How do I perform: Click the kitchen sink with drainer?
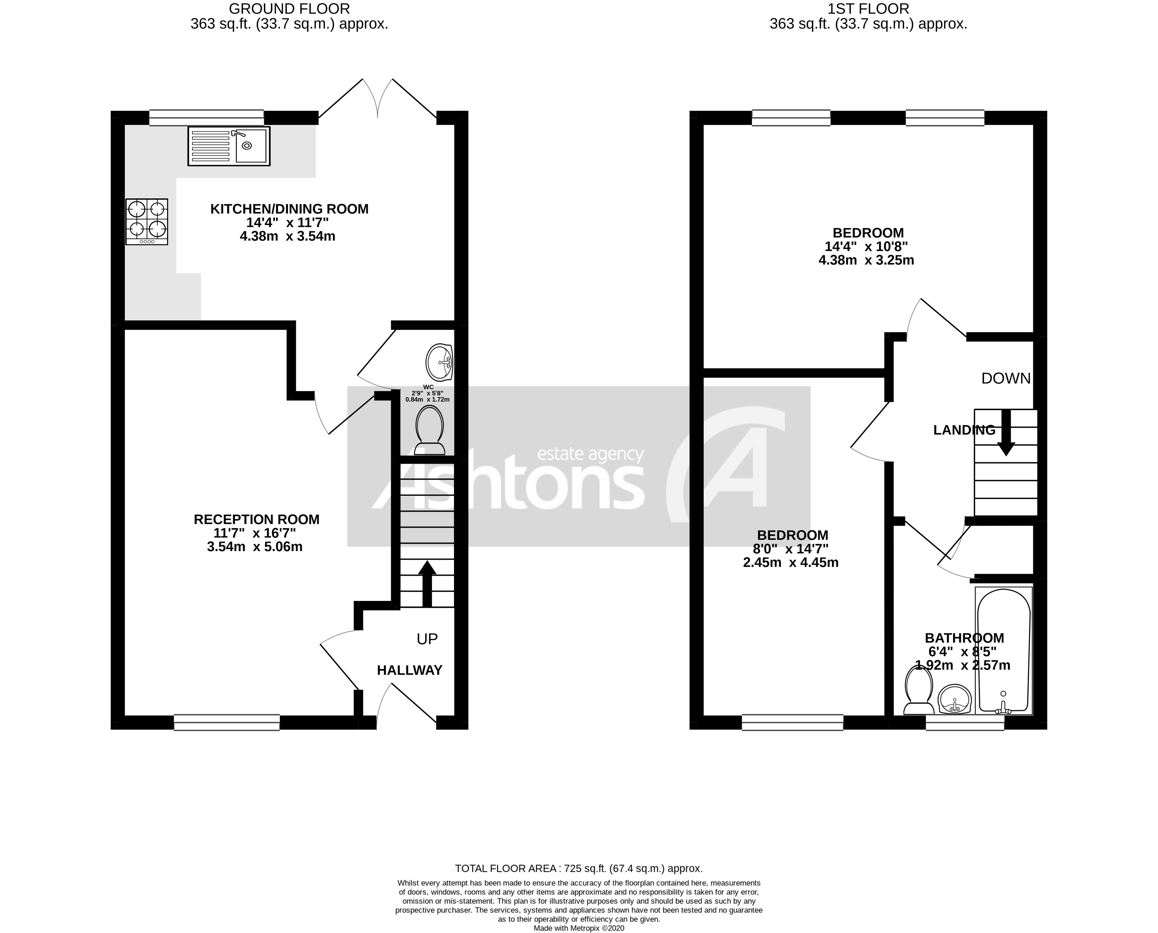coord(229,146)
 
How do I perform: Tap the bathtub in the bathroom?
coord(1003,651)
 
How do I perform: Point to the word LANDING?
coord(964,430)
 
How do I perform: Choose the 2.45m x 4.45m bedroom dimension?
coord(790,563)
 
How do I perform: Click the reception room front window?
coord(227,722)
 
